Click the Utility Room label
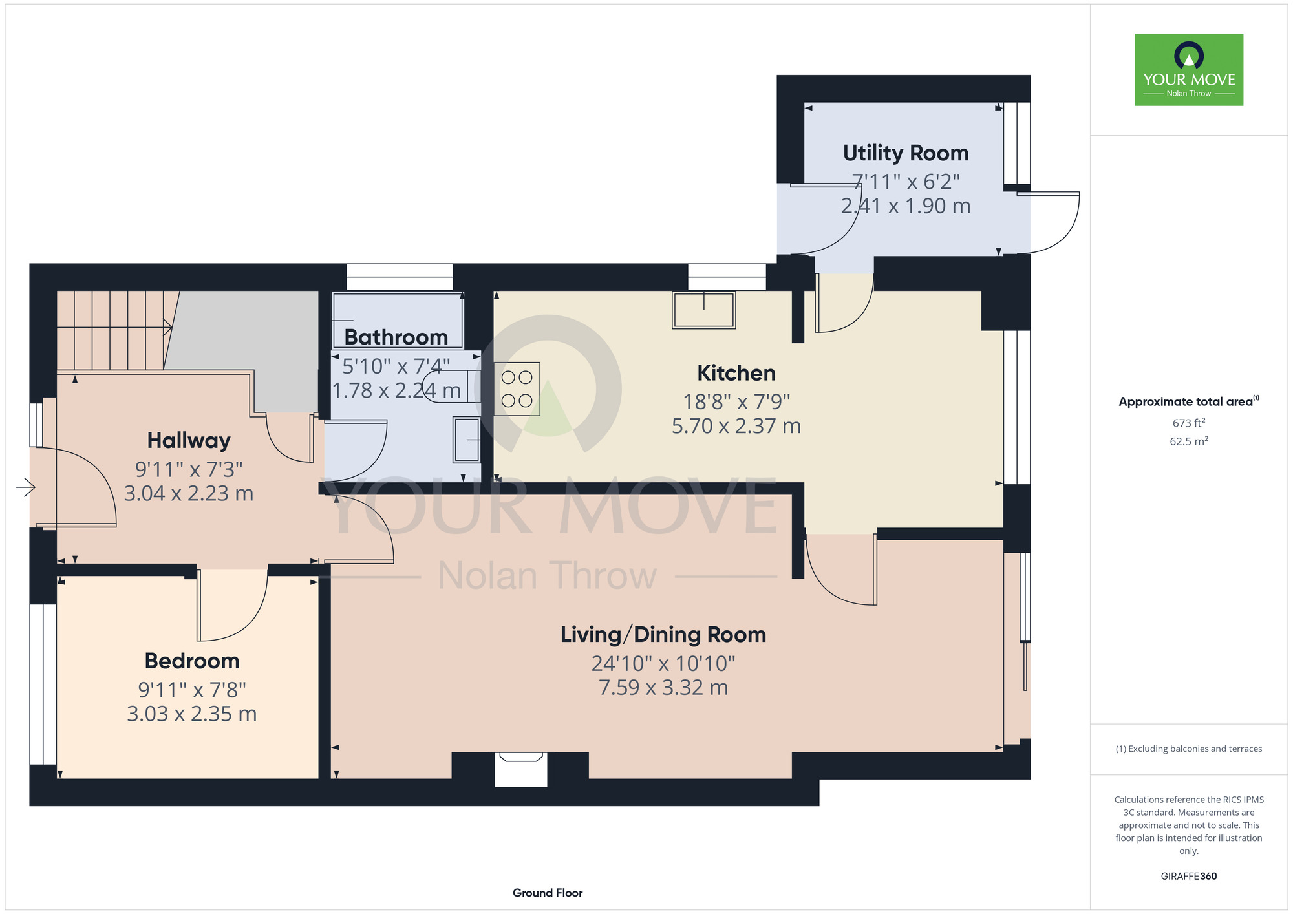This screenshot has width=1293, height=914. pos(906,153)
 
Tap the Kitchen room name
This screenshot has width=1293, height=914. pos(736,373)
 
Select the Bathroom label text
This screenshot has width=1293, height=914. pos(396,337)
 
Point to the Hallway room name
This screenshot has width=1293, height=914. pos(189,441)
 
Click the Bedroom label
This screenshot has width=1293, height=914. pos(192,661)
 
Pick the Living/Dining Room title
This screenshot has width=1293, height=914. pos(663,635)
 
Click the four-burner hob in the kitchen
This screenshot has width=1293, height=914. pos(517,388)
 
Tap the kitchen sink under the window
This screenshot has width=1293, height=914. pos(704,310)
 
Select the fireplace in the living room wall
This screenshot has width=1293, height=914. pos(521,769)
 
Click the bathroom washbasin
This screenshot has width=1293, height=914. pos(467,440)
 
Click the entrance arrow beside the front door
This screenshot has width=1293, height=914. pos(26,487)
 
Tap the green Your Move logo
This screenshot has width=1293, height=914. pos(1189,70)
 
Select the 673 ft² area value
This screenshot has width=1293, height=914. pos(1189,423)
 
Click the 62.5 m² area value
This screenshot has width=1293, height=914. pos(1189,441)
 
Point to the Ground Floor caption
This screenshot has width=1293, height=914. pos(548,893)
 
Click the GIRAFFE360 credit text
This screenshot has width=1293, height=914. pos(1189,877)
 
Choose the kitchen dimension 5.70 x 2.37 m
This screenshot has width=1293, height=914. pos(736,426)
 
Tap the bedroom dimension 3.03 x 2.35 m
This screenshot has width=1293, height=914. pos(192,714)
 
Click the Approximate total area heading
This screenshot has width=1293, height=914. pos(1189,401)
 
